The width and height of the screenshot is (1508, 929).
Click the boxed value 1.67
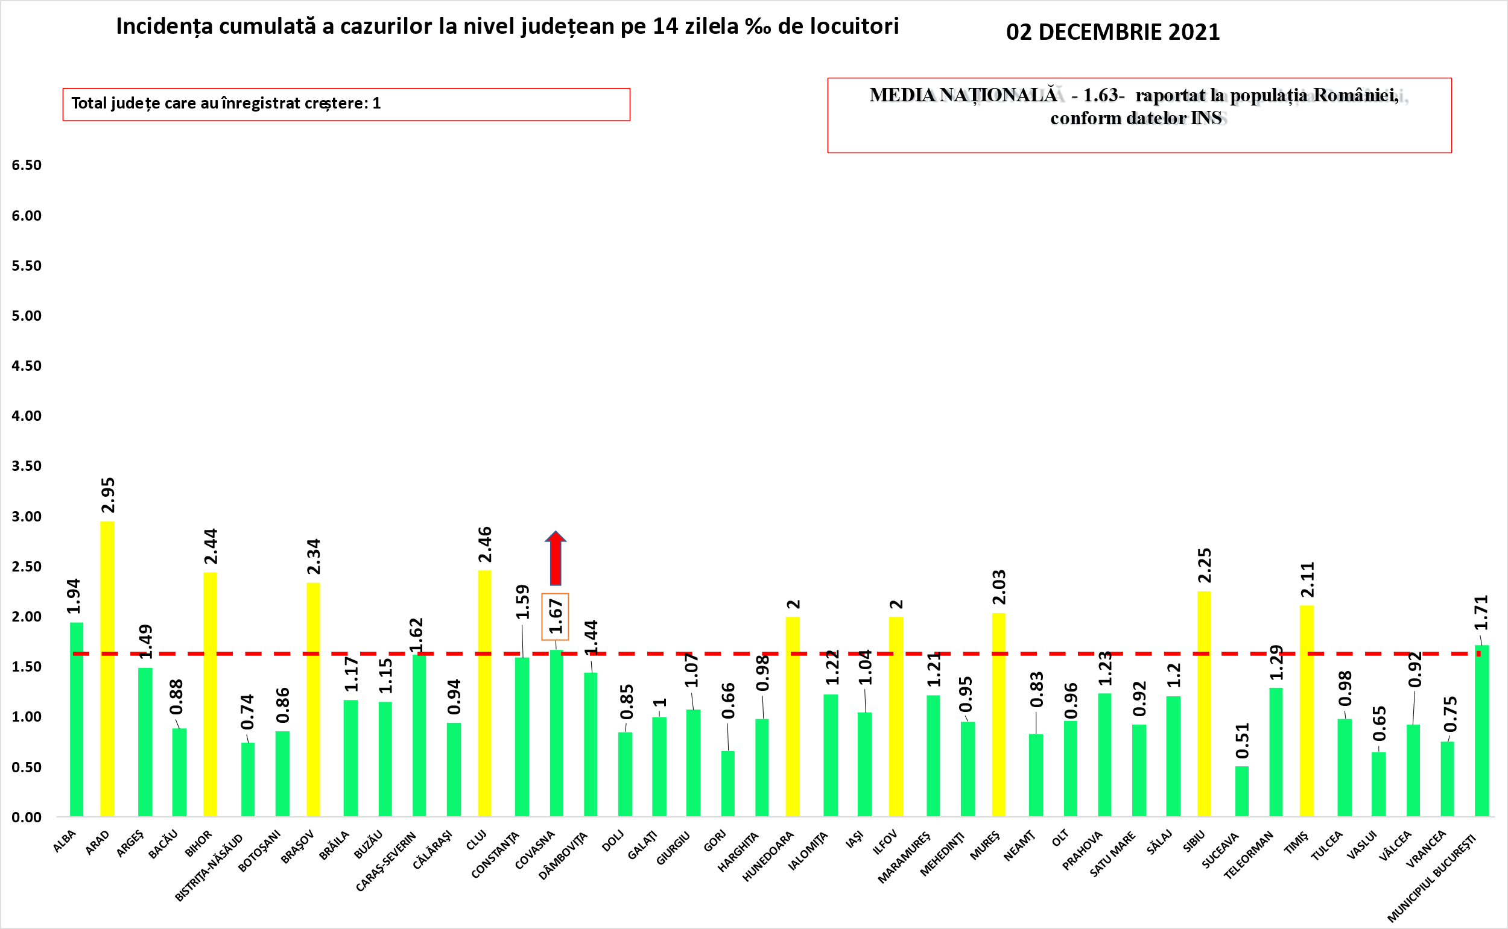(x=555, y=616)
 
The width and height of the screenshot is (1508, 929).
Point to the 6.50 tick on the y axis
(x=27, y=165)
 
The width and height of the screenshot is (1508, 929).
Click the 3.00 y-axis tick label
(x=27, y=517)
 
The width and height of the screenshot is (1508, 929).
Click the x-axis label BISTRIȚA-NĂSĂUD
(x=209, y=867)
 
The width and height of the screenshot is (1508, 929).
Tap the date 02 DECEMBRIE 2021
(x=1113, y=32)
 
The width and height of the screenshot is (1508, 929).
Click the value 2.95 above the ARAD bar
(x=107, y=495)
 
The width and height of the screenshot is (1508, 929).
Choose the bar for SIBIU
(x=1204, y=704)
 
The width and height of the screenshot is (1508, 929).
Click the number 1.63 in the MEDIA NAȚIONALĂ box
(x=1100, y=95)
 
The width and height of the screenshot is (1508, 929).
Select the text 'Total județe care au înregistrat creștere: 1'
(x=226, y=103)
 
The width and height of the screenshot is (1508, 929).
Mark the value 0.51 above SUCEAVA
(x=1242, y=740)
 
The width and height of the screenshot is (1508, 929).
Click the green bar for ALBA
(x=76, y=719)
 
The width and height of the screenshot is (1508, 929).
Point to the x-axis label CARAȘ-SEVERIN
(x=386, y=861)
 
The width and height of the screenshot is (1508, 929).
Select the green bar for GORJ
(x=728, y=783)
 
